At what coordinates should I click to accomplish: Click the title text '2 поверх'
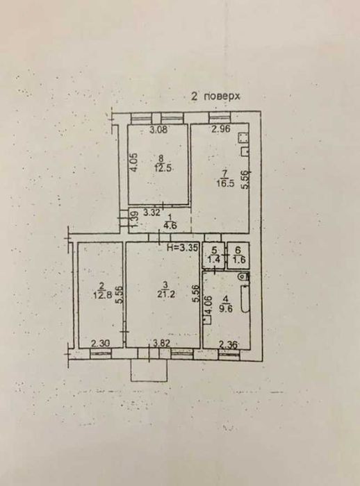pyautogui.click(x=215, y=97)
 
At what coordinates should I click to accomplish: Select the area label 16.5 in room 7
pyautogui.click(x=226, y=183)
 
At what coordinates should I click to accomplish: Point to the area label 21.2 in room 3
pyautogui.click(x=165, y=294)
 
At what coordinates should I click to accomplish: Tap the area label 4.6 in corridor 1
pyautogui.click(x=170, y=226)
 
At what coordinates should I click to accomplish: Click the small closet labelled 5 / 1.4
pyautogui.click(x=214, y=255)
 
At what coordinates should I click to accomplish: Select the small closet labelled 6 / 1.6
pyautogui.click(x=238, y=255)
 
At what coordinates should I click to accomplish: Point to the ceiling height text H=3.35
pyautogui.click(x=182, y=247)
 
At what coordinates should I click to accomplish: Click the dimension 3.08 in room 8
pyautogui.click(x=158, y=130)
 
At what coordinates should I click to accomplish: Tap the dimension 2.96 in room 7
pyautogui.click(x=221, y=128)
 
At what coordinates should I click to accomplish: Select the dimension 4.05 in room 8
pyautogui.click(x=133, y=162)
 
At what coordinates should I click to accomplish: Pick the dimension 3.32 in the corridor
pyautogui.click(x=152, y=212)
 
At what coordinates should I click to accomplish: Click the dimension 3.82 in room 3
pyautogui.click(x=163, y=344)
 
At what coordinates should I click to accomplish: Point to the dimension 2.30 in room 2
pyautogui.click(x=100, y=344)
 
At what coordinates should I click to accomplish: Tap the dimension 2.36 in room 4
pyautogui.click(x=229, y=344)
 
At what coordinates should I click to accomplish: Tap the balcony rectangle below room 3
pyautogui.click(x=149, y=371)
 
